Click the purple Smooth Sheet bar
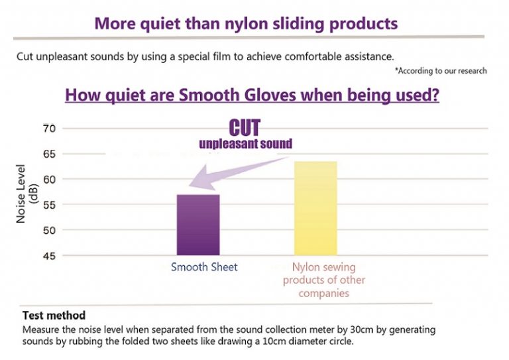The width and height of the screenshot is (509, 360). coord(198,225)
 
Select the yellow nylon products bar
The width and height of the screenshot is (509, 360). coord(315,208)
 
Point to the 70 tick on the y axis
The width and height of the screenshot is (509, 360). coord(49,129)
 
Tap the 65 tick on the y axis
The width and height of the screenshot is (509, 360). coord(49,154)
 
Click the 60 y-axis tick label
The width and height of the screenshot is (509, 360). coord(49,179)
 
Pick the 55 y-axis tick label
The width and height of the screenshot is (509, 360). coord(49,205)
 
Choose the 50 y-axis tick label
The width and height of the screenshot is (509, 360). coord(49,230)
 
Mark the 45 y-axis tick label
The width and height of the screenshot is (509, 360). coord(49,256)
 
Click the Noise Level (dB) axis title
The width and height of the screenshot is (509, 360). coord(27,194)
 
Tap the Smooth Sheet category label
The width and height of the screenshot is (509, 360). coord(204,267)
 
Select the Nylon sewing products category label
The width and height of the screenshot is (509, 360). coord(324,280)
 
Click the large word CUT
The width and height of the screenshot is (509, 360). coord(245,127)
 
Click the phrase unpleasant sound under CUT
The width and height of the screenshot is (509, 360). coord(246,143)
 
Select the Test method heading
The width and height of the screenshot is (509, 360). coord(54,315)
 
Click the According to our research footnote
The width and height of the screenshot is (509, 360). coord(441,71)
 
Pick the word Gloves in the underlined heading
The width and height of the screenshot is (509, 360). coord(270,95)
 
